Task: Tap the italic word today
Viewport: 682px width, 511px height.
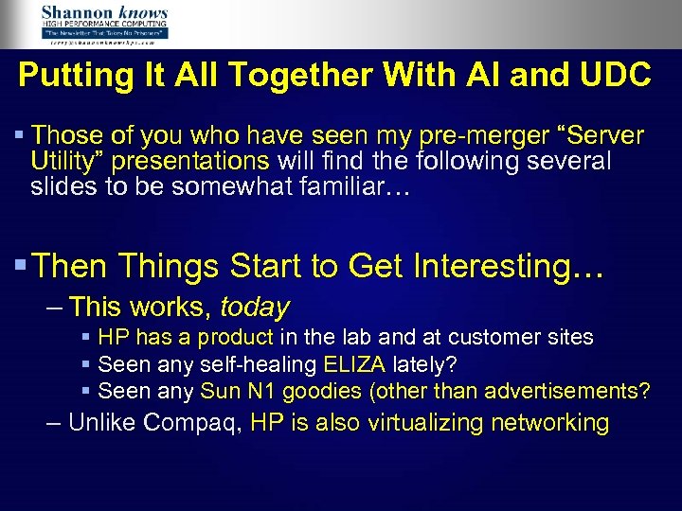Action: (x=255, y=308)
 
